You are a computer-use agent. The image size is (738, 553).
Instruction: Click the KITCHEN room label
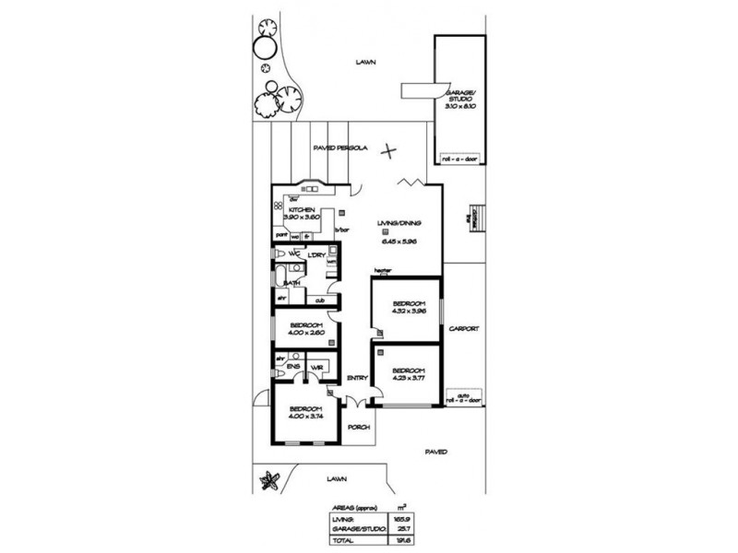pos(302,210)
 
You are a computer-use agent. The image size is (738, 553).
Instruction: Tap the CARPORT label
pos(461,329)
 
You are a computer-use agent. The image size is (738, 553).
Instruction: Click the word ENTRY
pos(358,378)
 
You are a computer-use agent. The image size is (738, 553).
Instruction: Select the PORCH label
pos(358,428)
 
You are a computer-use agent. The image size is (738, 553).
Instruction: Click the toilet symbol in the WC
pos(279,253)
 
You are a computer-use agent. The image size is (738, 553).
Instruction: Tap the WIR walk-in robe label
pos(316,368)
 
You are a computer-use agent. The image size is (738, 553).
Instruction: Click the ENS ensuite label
pos(292,368)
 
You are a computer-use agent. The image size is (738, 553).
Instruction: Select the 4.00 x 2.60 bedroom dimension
pos(304,334)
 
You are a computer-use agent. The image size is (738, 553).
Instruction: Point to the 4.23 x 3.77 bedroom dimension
pos(407,375)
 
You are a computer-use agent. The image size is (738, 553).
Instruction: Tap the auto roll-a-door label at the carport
pos(463,399)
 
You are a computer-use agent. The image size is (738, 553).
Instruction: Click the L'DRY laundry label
pos(315,253)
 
